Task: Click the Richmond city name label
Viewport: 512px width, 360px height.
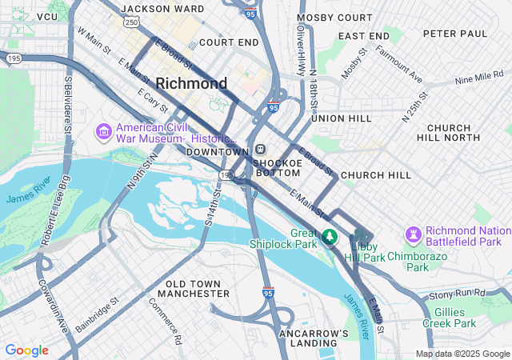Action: pos(191,83)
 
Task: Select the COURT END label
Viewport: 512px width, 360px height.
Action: pos(229,42)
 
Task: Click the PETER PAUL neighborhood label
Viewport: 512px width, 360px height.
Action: pos(455,34)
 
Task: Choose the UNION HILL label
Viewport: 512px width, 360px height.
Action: pos(342,118)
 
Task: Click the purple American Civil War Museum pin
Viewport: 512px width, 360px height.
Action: pos(103,130)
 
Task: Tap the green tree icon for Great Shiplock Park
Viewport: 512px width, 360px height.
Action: pos(330,238)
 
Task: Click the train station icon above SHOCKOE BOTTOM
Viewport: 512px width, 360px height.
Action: pos(261,150)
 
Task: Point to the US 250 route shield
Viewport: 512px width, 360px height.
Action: pos(130,22)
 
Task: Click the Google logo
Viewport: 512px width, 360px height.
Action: pos(26,350)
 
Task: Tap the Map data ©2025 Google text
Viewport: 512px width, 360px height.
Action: pos(462,354)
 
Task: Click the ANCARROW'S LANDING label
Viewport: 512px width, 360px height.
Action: pos(314,338)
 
